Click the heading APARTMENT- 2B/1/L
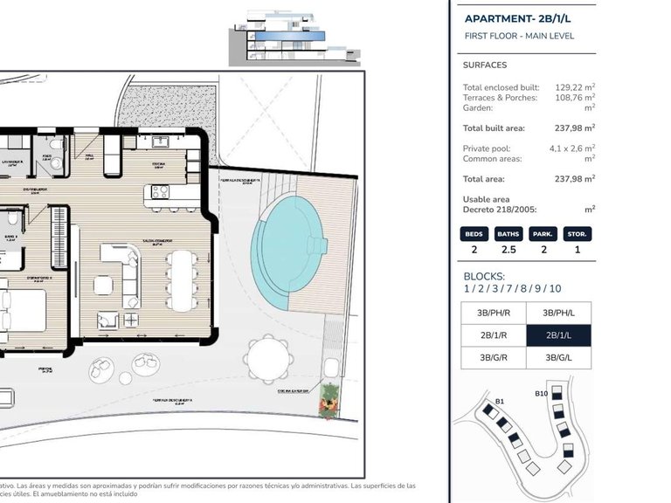tap(518, 18)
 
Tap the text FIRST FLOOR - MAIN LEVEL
tap(518, 36)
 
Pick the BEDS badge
tap(474, 234)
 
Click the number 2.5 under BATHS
tap(508, 249)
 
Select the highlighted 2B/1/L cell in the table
tap(558, 335)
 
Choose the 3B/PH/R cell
tap(494, 313)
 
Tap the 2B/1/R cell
tap(494, 335)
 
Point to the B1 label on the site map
tap(500, 402)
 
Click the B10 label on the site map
tap(542, 394)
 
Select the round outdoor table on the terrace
tap(266, 359)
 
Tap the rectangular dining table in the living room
tap(183, 279)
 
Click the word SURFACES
tap(484, 65)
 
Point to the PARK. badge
tap(543, 234)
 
